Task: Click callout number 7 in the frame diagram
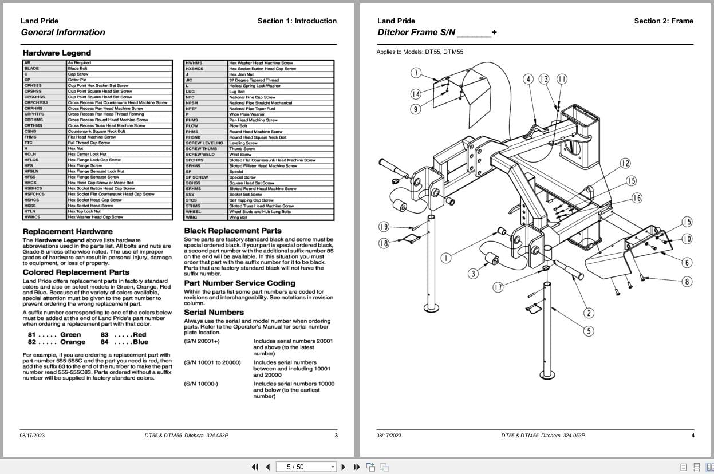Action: point(416,73)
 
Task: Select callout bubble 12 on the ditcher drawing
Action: point(625,164)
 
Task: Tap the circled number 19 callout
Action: point(384,227)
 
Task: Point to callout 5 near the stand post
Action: point(589,331)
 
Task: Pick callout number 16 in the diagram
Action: point(637,198)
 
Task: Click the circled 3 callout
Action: point(473,274)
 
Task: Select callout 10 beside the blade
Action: point(687,239)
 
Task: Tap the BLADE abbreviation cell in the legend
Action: point(32,69)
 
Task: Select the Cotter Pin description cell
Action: point(77,80)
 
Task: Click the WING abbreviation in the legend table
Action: point(191,218)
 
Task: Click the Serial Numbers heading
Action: point(214,312)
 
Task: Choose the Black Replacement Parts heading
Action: point(232,231)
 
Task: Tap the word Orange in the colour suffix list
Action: point(73,342)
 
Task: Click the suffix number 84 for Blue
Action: point(104,342)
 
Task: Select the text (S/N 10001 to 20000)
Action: point(212,362)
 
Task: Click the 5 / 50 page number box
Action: point(303,467)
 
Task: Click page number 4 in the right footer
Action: point(692,436)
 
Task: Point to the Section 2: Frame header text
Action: point(663,21)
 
